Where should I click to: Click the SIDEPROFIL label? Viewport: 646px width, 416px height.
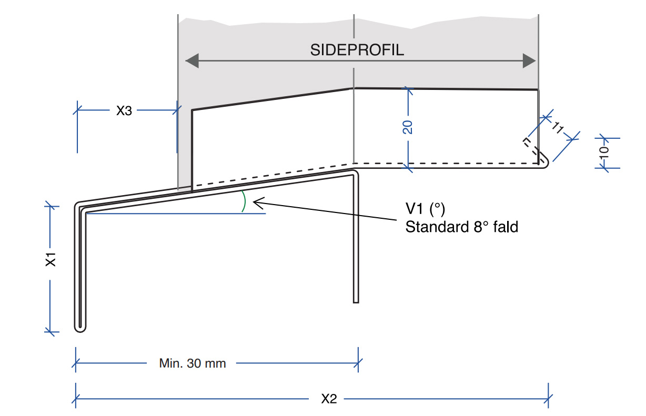pos(357,50)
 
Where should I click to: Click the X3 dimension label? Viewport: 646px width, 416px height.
pos(124,111)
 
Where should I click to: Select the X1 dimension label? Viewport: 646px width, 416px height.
pos(51,260)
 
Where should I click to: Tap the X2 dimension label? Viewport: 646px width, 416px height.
pos(329,399)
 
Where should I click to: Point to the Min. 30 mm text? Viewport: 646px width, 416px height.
pos(192,363)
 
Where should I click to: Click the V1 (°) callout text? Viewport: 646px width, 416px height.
pos(425,209)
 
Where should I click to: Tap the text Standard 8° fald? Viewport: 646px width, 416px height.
pos(461,227)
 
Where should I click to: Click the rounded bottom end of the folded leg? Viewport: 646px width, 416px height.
pos(80,328)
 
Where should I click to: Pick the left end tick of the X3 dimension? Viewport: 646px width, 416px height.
pos(78,110)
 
